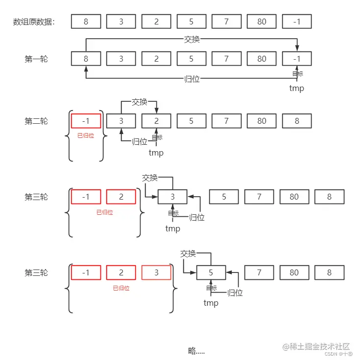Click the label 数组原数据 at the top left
click(x=34, y=22)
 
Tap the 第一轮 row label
click(x=36, y=59)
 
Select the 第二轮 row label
click(x=36, y=121)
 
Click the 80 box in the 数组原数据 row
click(x=262, y=22)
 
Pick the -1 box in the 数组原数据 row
click(x=297, y=22)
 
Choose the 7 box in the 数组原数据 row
click(x=227, y=22)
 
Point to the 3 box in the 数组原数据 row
click(x=121, y=22)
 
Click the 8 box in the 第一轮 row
click(x=86, y=59)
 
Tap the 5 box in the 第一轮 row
click(x=192, y=59)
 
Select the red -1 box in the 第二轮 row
click(x=86, y=121)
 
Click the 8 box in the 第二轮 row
click(x=297, y=121)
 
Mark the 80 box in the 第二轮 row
click(x=262, y=121)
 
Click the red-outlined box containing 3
click(x=157, y=272)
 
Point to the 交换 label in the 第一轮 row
click(x=192, y=40)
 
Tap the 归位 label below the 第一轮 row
click(x=192, y=79)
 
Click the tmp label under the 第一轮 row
click(x=296, y=89)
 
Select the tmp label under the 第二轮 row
click(x=156, y=153)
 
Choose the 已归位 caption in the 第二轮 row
click(x=86, y=135)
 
